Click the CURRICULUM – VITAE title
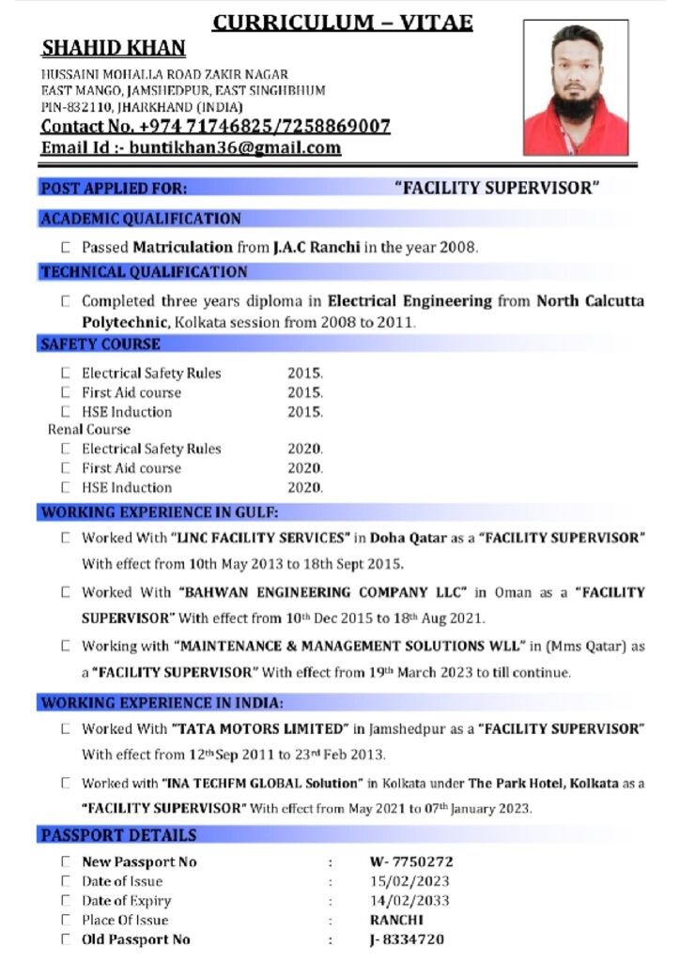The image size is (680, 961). point(342,23)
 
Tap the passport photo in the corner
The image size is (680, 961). point(576,89)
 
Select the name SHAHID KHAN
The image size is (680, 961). point(114,49)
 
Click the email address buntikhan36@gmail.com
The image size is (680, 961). point(235,148)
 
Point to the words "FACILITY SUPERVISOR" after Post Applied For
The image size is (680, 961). point(497,188)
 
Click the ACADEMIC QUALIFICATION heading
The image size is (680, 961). point(141,219)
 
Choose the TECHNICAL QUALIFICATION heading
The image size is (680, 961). point(144,272)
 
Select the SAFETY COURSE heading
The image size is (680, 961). point(100,344)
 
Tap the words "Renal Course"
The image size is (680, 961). point(89,430)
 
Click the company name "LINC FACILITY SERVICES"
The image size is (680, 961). point(260,538)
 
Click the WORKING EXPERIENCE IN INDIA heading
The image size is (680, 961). point(162,702)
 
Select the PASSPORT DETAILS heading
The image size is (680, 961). point(118,835)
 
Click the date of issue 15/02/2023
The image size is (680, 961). point(410,881)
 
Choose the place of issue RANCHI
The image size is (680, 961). point(396,920)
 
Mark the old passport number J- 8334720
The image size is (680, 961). point(407,939)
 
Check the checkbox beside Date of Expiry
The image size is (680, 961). point(66,901)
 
